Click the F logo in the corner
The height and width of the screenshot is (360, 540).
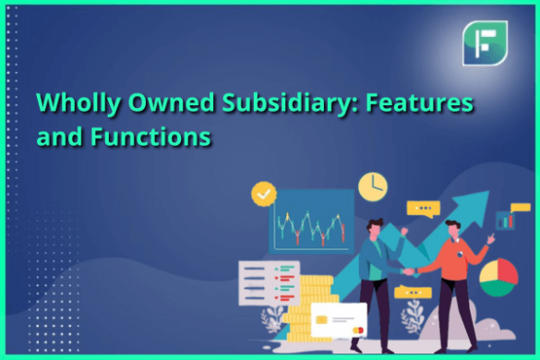[x=486, y=42]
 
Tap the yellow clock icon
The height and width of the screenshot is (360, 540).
[x=372, y=186]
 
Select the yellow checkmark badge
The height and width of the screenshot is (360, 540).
[x=265, y=194]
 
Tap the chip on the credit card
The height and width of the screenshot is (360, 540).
[x=322, y=319]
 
